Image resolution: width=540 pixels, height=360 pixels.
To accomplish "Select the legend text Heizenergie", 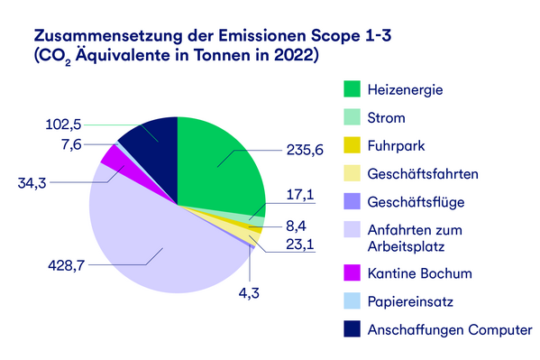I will (406, 89).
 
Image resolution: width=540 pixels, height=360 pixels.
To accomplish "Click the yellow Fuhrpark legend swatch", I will (352, 144).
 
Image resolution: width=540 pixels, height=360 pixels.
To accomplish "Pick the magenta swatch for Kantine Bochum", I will (352, 272).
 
